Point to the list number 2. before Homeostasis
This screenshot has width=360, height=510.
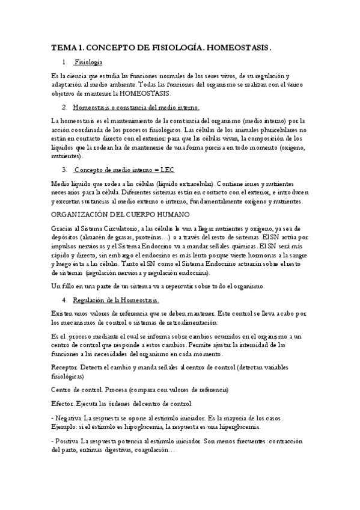pos(64,107)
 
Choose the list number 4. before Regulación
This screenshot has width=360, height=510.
pos(64,299)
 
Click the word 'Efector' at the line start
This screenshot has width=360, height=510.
pos(63,404)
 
